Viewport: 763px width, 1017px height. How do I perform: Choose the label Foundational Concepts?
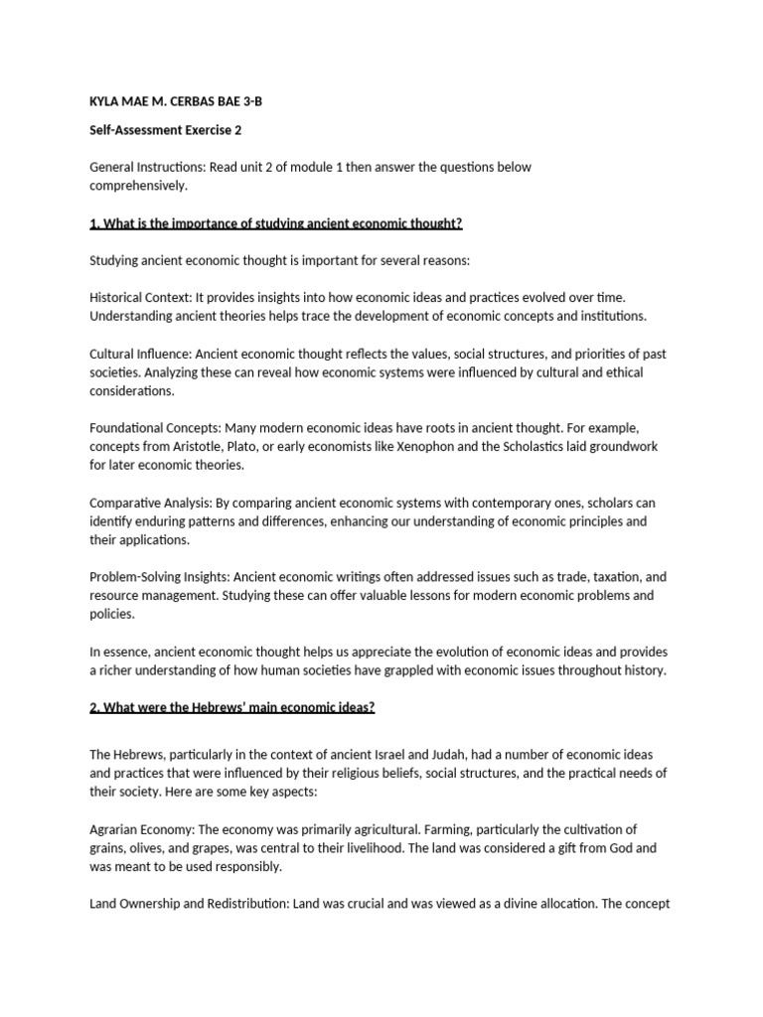(152, 427)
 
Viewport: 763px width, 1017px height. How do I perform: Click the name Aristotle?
(203, 446)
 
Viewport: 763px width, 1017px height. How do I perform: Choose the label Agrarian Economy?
(141, 829)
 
